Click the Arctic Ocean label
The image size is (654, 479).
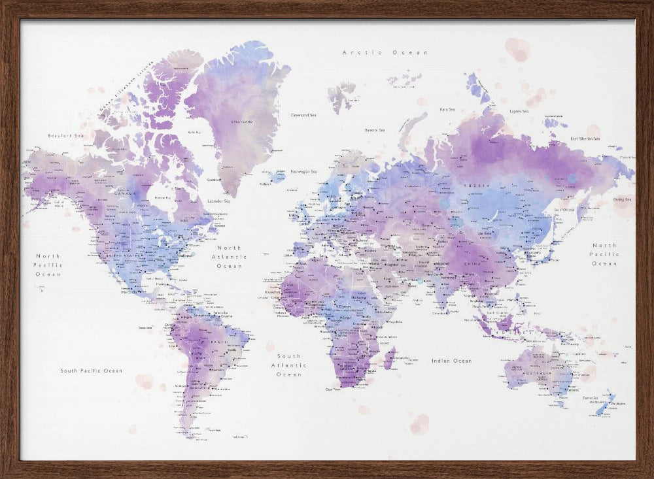[x=386, y=52]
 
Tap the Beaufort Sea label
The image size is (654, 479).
[x=65, y=135]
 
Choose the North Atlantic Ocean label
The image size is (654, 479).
[x=229, y=257]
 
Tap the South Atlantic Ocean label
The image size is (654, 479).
[x=288, y=365]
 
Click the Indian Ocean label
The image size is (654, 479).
[x=451, y=361]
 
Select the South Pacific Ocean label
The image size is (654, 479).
[x=91, y=371]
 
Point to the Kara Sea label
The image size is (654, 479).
[x=447, y=109]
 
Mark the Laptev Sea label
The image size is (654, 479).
[x=519, y=112]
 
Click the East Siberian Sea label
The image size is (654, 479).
[x=585, y=139]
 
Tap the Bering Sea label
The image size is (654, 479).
[x=622, y=199]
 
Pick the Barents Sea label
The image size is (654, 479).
[x=374, y=130]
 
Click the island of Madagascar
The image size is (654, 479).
[x=390, y=357]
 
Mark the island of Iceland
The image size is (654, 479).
[x=277, y=176]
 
